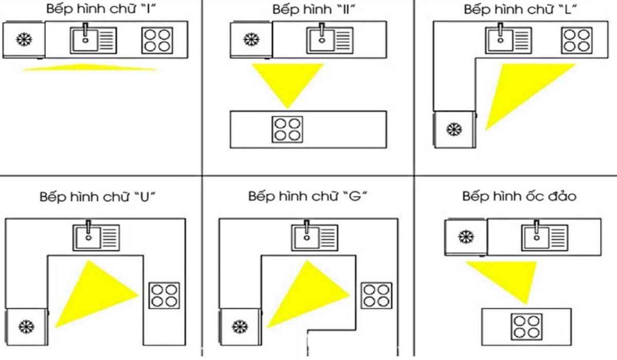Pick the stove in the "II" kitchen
[287, 129]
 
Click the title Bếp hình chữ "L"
[520, 10]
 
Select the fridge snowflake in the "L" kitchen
[453, 129]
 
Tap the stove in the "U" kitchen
[164, 295]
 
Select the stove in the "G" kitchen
[376, 295]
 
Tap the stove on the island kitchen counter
[527, 326]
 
